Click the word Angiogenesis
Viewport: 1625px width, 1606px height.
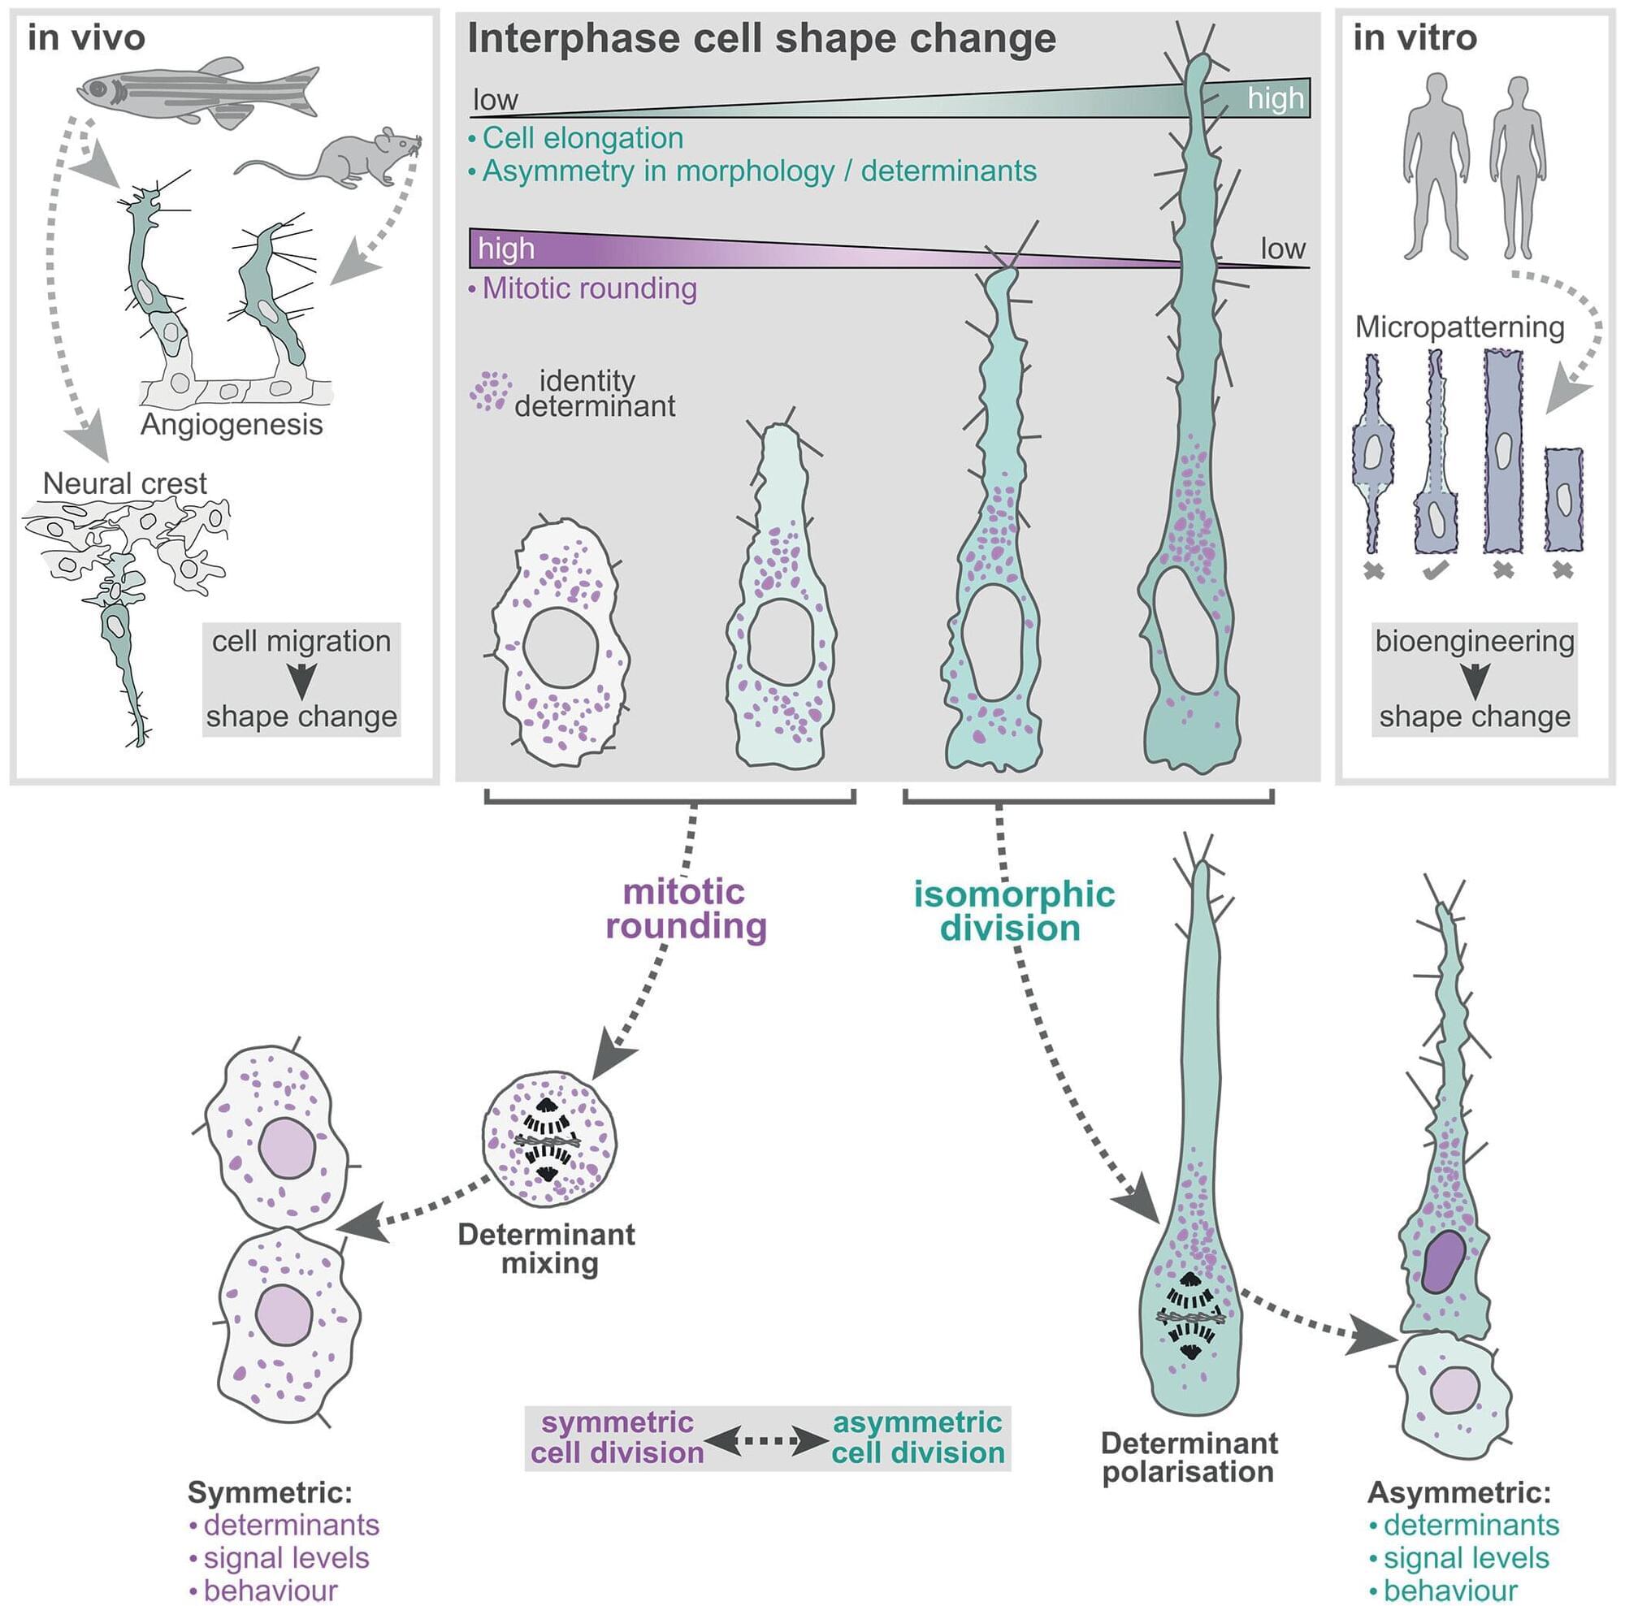pos(232,425)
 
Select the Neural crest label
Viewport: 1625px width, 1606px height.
pos(124,483)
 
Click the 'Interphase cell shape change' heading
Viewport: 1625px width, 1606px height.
pos(761,39)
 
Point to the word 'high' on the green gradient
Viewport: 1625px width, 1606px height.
pos(1275,98)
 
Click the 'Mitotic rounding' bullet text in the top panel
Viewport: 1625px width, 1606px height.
pos(589,288)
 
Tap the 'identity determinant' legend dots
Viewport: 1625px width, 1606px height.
pos(491,391)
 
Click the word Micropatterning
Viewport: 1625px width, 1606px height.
pos(1459,327)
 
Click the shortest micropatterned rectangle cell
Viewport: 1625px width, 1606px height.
pos(1563,500)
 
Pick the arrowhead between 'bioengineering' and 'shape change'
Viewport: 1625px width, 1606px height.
pos(1474,680)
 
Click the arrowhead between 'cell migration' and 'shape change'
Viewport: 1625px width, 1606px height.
pos(301,680)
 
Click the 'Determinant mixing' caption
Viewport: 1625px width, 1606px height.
pos(547,1249)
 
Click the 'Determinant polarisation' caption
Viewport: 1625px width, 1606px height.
pos(1189,1458)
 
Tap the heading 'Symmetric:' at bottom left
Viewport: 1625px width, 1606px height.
pos(269,1492)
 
